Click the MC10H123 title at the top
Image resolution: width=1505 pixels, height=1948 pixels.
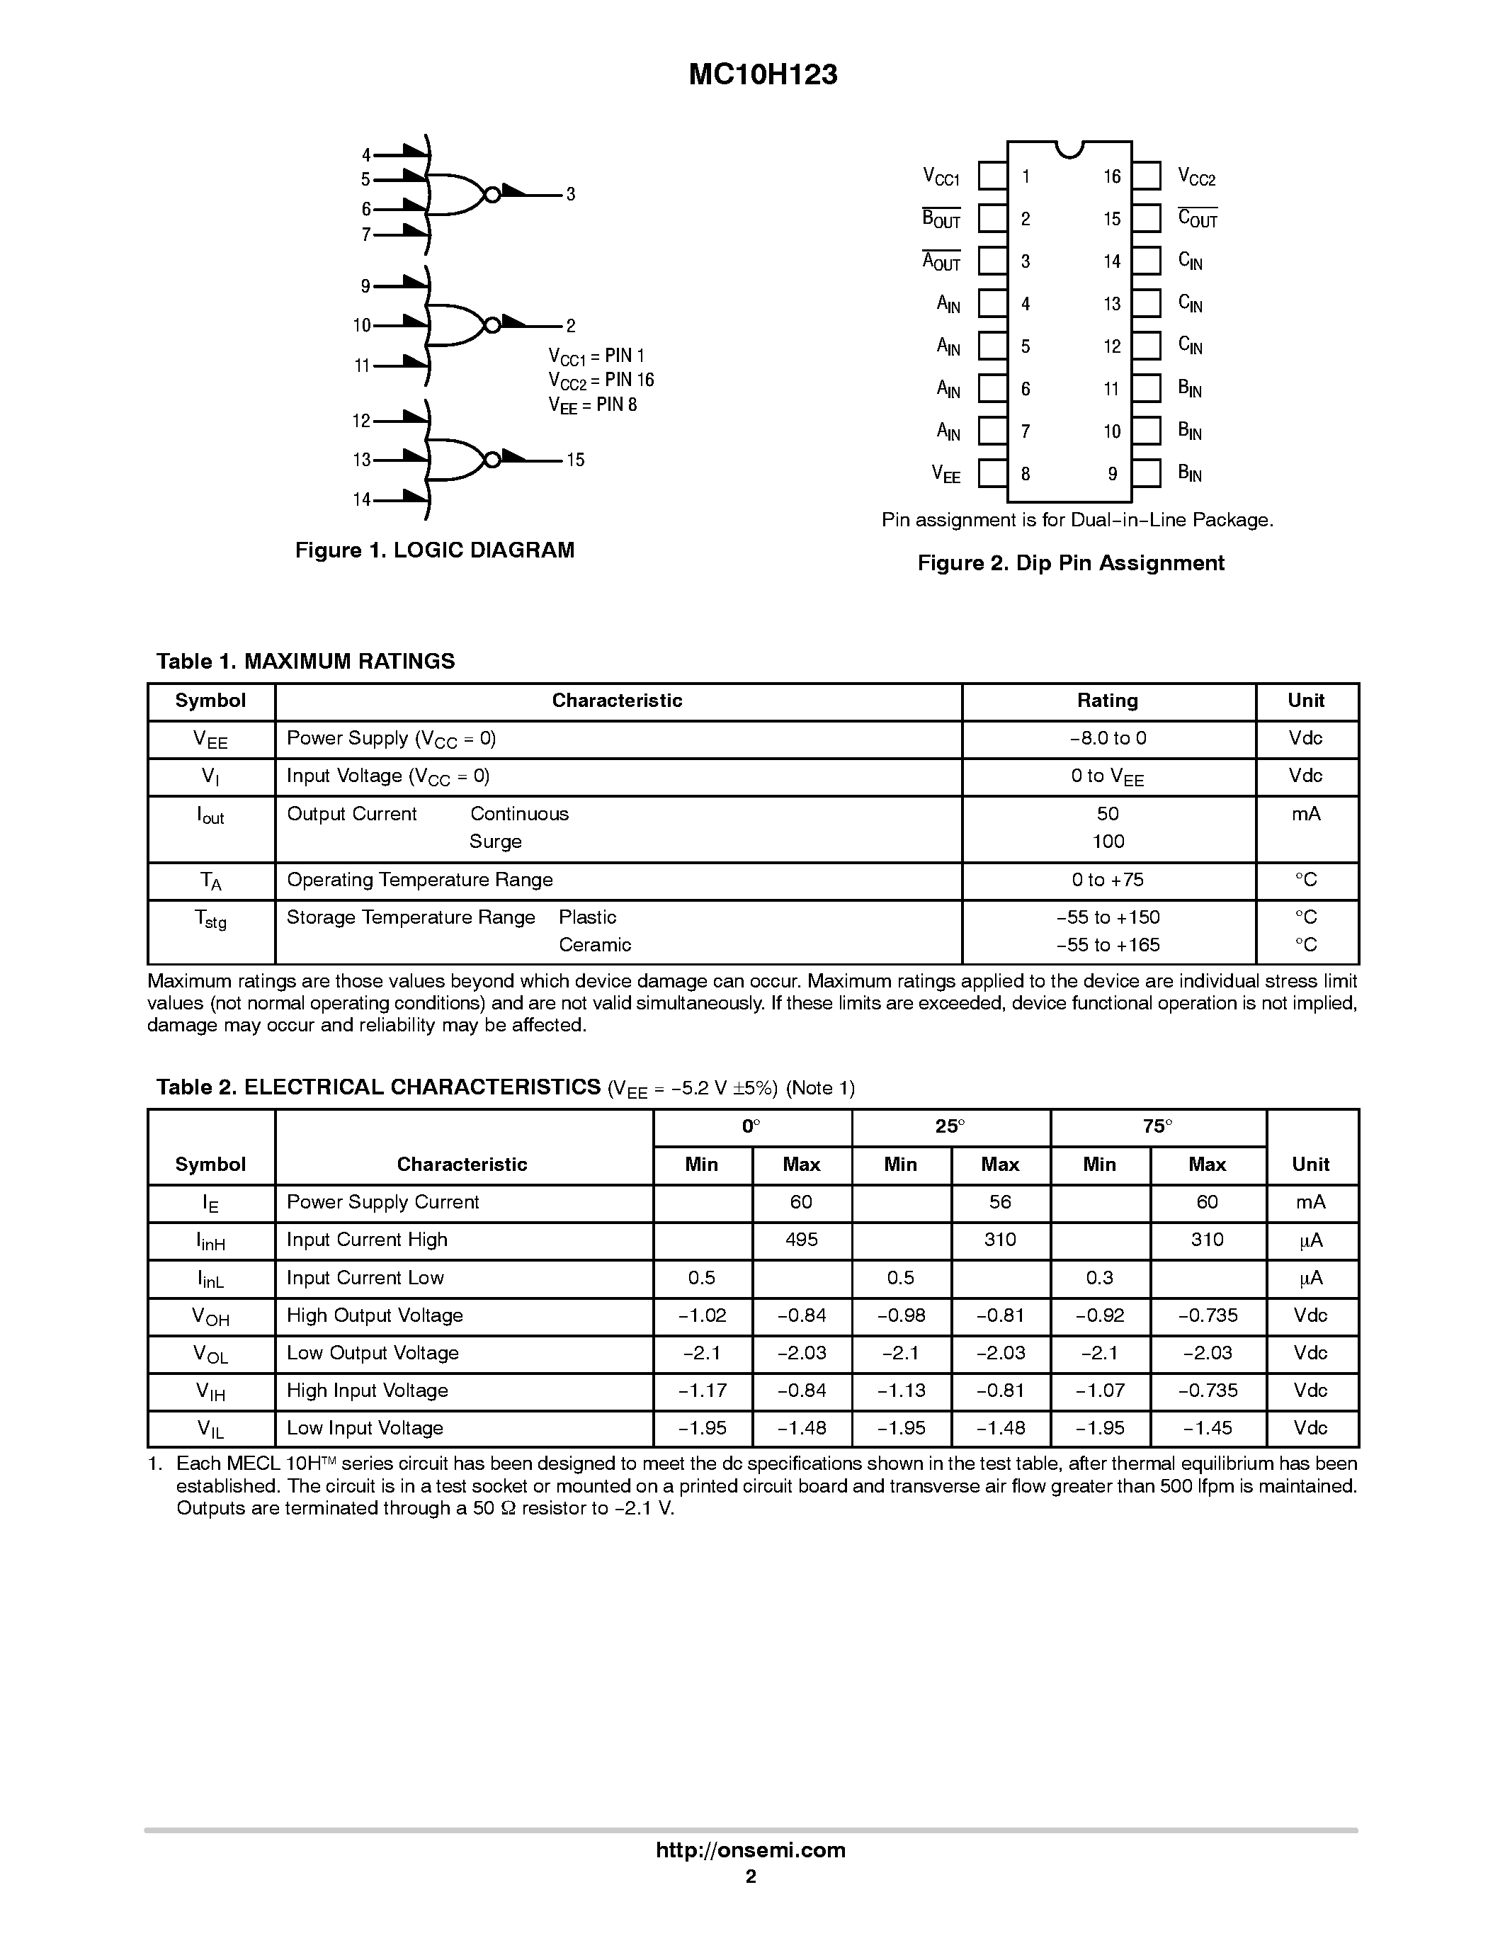[x=762, y=75]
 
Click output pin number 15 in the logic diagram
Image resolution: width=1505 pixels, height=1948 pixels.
[x=575, y=460]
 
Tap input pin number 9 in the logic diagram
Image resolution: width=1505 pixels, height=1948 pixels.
[x=365, y=286]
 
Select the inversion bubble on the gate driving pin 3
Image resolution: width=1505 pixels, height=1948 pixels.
[x=490, y=193]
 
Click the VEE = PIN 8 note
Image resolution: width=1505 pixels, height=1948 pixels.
[x=592, y=405]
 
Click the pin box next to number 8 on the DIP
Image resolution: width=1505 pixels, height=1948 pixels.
[x=992, y=474]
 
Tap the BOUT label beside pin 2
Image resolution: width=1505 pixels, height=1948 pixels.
[x=941, y=218]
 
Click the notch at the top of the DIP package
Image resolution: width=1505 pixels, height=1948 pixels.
[x=1069, y=148]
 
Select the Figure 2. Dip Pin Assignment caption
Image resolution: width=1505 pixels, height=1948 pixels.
[x=1071, y=563]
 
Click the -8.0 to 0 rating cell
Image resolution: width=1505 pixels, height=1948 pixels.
[x=1108, y=739]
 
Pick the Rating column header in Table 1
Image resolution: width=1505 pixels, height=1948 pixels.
[x=1108, y=701]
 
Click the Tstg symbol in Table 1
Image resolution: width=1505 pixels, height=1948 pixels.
[x=210, y=919]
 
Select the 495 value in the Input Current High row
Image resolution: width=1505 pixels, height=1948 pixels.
[x=800, y=1240]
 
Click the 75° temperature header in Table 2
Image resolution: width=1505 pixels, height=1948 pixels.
[x=1157, y=1126]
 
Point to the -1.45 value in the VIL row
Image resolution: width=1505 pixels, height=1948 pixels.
[x=1208, y=1428]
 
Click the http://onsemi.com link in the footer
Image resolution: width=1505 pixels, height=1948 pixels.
[x=751, y=1850]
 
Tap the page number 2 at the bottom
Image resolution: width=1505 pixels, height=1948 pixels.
[x=751, y=1876]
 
